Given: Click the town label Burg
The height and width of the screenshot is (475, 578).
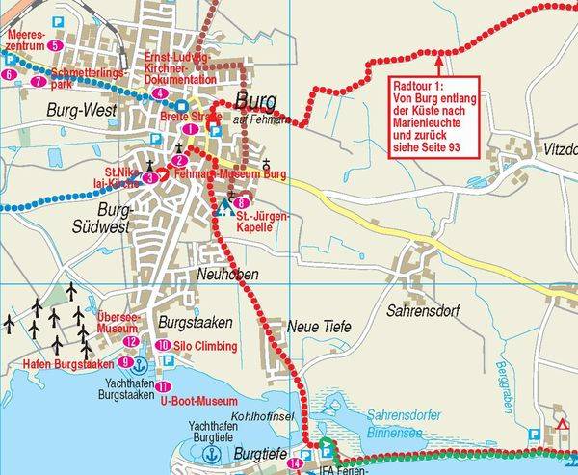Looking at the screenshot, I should pos(255,101).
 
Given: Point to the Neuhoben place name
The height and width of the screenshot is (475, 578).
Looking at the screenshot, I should pos(223,275).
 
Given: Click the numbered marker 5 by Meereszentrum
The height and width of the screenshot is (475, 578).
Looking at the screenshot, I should pos(54,45).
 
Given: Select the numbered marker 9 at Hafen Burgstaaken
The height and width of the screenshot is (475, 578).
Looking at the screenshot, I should pos(125,362).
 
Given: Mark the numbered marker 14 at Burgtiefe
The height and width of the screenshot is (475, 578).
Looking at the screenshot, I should pos(294,464).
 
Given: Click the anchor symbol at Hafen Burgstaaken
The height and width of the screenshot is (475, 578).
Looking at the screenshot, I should pos(139,364).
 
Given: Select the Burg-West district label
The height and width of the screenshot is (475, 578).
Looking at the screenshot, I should pos(81,111).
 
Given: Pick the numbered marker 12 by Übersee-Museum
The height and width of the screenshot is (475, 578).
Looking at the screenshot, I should pos(131,341).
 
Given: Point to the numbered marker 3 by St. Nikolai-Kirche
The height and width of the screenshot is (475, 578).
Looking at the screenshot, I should pos(150,177).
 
